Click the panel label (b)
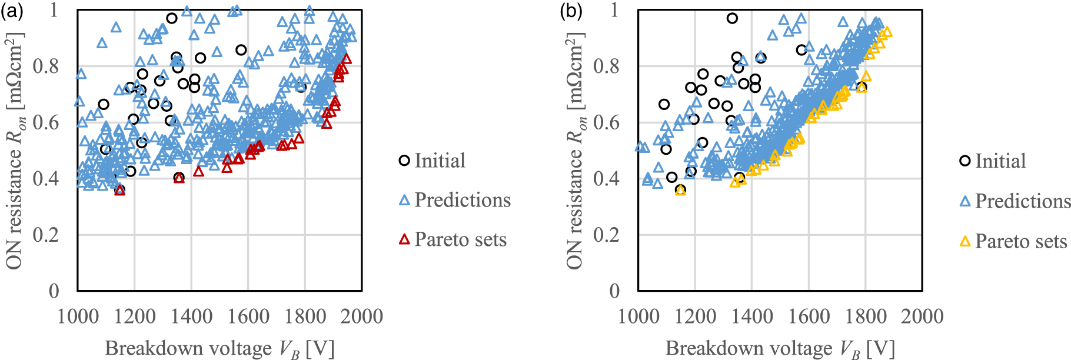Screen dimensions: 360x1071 pos(572,11)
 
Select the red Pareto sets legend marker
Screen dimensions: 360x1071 pos(404,239)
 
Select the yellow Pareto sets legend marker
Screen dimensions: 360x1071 pos(965,241)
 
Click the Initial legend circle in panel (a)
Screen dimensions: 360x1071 pos(404,161)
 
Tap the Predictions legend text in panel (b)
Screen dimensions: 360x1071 pos(1023,201)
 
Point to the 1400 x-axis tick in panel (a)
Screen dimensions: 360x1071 pos(191,316)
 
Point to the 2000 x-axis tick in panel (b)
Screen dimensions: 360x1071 pos(922,316)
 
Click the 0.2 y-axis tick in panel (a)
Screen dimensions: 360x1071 pos(45,235)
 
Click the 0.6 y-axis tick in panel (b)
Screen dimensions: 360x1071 pos(606,122)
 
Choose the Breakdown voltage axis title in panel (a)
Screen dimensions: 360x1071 pos(219,349)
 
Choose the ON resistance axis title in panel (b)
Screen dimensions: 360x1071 pos(576,151)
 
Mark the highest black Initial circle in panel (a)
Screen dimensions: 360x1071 pos(172,18)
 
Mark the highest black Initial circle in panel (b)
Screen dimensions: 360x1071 pos(732,18)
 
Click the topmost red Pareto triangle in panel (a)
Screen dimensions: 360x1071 pos(347,58)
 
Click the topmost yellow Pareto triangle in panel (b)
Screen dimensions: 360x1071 pos(887,32)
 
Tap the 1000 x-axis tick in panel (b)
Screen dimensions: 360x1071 pos(638,316)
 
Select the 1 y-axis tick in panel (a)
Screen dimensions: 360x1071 pos(54,10)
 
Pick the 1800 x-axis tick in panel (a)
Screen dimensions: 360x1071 pos(305,316)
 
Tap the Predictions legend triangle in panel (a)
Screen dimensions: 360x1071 pos(404,200)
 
